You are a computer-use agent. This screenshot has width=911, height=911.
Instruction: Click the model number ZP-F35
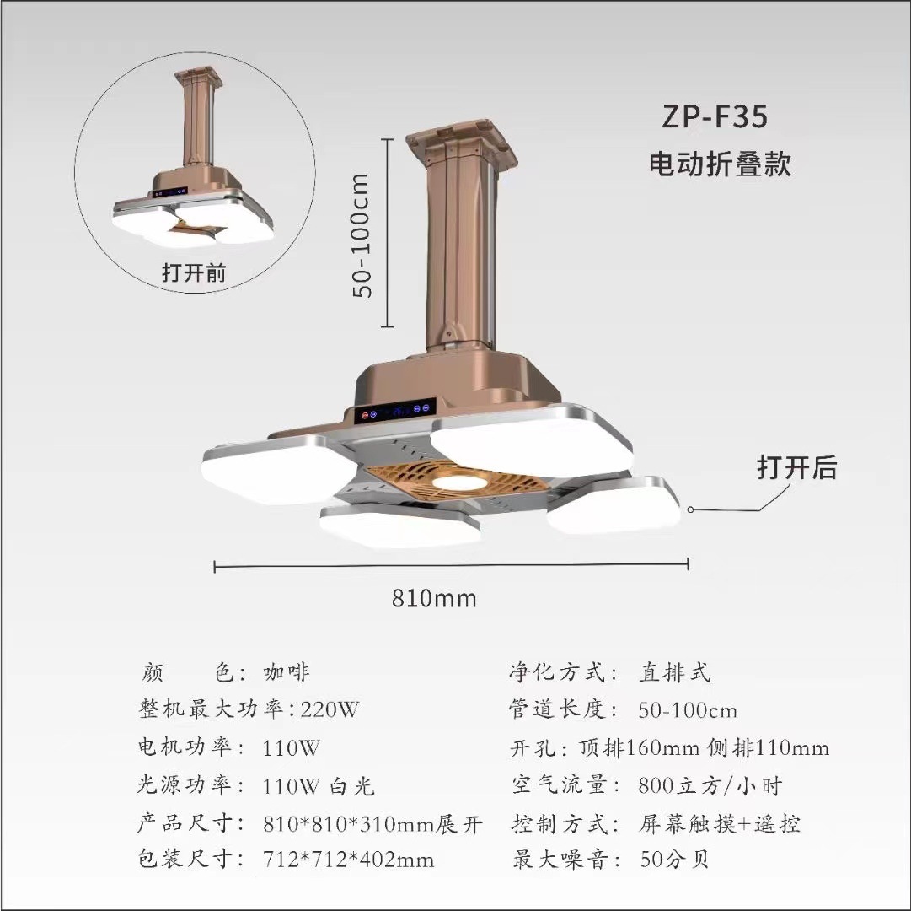pos(715,117)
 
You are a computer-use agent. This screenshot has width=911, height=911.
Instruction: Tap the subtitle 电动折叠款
pos(720,163)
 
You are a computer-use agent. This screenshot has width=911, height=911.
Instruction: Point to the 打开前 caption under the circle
pos(194,273)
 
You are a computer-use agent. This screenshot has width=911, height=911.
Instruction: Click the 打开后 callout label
pos(796,466)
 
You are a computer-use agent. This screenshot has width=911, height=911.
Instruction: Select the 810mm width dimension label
pos(434,598)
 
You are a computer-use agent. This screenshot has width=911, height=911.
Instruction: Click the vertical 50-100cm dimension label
pos(362,234)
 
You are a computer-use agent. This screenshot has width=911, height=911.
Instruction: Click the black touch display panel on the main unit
pos(394,412)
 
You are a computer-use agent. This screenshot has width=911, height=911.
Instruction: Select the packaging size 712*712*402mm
pos(349,860)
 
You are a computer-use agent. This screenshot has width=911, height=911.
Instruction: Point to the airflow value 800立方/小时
pos(710,786)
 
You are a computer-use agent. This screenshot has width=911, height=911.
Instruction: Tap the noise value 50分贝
pos(674,860)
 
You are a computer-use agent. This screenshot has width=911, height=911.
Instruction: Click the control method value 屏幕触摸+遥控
pos(719,823)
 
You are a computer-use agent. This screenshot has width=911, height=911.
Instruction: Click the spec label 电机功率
pos(183,747)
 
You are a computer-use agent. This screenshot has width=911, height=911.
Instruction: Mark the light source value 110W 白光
pos(318,786)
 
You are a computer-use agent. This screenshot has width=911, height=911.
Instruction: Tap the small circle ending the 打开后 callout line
pos(690,509)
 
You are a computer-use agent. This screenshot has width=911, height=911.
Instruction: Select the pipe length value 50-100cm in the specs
pos(688,709)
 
